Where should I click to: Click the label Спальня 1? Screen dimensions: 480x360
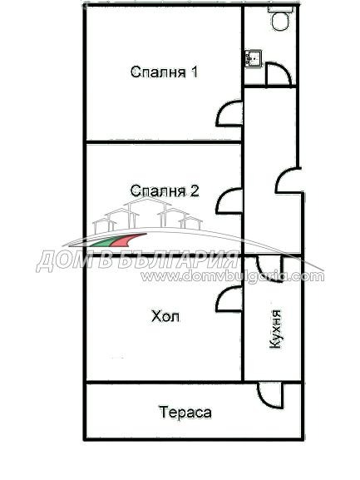click(x=164, y=72)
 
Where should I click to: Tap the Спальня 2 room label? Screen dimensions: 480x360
click(x=164, y=191)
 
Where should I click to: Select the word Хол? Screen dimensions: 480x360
click(x=165, y=317)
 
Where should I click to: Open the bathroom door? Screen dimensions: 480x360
click(x=280, y=75)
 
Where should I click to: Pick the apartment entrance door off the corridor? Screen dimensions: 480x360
click(x=288, y=182)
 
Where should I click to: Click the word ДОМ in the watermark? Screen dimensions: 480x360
click(x=61, y=260)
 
